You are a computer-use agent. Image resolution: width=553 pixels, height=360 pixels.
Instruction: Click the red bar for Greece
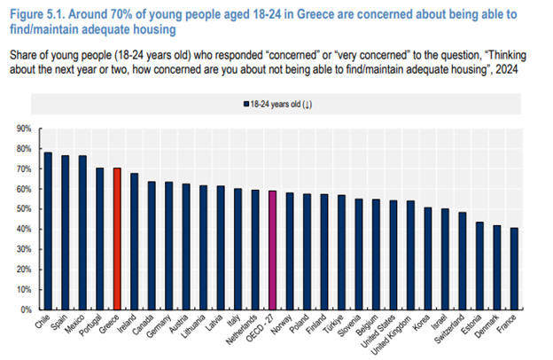pyautogui.click(x=117, y=239)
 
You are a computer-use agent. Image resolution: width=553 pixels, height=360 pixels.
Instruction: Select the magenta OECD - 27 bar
pyautogui.click(x=272, y=250)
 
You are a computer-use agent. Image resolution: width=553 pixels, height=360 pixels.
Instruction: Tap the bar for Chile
pyautogui.click(x=48, y=231)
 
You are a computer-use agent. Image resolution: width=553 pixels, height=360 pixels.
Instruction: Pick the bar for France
pyautogui.click(x=514, y=269)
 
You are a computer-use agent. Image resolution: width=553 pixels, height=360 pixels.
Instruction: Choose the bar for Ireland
pyautogui.click(x=135, y=241)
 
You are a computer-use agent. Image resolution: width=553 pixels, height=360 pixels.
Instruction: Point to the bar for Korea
pyautogui.click(x=428, y=259)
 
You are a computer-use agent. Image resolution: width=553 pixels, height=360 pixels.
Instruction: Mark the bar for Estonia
pyautogui.click(x=479, y=266)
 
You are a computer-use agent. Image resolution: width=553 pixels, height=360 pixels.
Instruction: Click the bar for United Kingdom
pyautogui.click(x=410, y=255)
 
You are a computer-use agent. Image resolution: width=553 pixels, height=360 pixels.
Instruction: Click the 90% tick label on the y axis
pyautogui.click(x=24, y=129)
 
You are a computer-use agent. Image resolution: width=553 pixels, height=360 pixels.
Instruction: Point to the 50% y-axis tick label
pyautogui.click(x=24, y=209)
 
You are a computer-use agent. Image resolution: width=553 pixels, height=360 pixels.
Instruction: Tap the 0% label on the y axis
pyautogui.click(x=26, y=309)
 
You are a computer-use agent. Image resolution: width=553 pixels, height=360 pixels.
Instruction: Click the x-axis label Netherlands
pyautogui.click(x=242, y=330)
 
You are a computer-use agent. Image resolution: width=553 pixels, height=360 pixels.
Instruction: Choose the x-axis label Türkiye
pyautogui.click(x=334, y=323)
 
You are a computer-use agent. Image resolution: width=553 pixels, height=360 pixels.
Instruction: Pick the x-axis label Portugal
pyautogui.click(x=90, y=325)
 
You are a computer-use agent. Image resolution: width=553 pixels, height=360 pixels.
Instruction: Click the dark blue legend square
pyautogui.click(x=246, y=104)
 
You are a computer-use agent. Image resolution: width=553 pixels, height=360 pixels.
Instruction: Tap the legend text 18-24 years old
pyautogui.click(x=276, y=104)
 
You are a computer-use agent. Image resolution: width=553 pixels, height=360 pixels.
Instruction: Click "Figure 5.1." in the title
pyautogui.click(x=37, y=14)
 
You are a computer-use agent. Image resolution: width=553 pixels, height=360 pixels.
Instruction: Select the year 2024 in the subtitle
pyautogui.click(x=506, y=69)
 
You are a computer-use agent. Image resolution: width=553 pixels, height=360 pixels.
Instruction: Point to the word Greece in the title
pyautogui.click(x=315, y=14)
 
